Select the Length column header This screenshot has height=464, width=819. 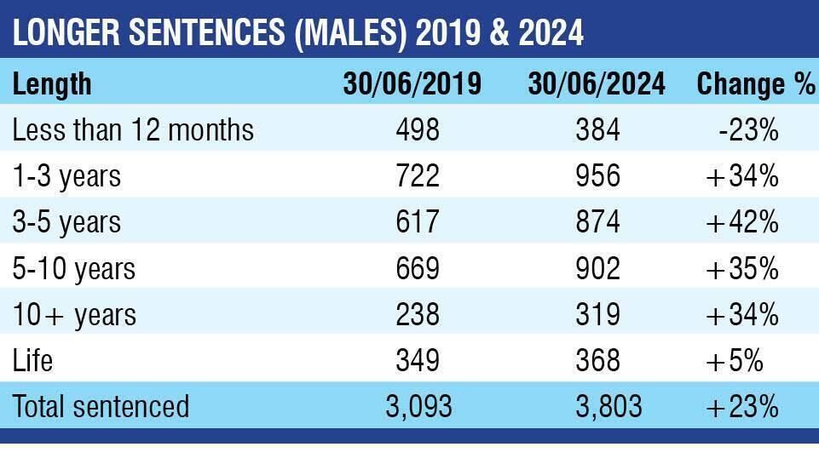click(52, 84)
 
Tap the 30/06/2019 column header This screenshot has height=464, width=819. click(412, 84)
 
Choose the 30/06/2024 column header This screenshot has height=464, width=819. click(597, 84)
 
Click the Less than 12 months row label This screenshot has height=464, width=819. click(133, 130)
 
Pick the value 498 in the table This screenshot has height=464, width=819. click(418, 130)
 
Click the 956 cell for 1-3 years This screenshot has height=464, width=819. click(597, 176)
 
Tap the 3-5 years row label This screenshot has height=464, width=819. click(66, 222)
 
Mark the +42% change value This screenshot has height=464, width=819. click(743, 222)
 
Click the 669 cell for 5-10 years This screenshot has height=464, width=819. click(418, 268)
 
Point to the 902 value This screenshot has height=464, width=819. click(597, 268)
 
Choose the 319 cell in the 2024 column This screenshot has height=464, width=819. click(597, 314)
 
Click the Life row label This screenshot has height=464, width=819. click(32, 360)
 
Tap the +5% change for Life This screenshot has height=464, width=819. click(735, 360)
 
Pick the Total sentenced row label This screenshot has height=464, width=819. click(101, 406)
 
